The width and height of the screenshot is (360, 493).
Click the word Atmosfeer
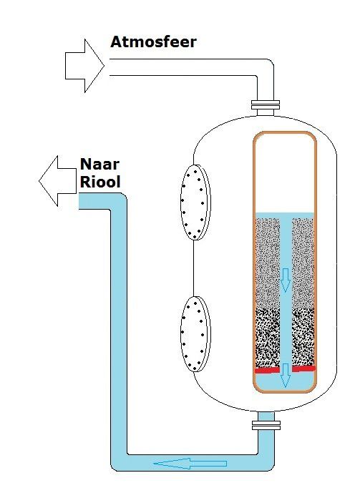point(153,42)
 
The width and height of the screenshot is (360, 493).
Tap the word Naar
point(100,164)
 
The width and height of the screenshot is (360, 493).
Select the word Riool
point(100,182)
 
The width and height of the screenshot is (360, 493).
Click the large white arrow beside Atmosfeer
point(84,66)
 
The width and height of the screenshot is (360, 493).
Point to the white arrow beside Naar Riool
point(57,181)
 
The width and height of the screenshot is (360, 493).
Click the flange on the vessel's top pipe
point(266,104)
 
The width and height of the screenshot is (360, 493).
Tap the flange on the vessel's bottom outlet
point(266,426)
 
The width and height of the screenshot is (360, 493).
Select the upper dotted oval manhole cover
point(195,202)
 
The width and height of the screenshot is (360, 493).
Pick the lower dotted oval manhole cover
point(195,334)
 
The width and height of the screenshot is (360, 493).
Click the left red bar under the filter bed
point(267,371)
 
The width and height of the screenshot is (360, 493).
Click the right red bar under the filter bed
point(303,368)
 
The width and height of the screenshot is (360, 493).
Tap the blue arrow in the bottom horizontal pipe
point(190,464)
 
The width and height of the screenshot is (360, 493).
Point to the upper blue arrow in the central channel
point(285,280)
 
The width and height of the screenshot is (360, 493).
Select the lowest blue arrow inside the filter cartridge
point(285,376)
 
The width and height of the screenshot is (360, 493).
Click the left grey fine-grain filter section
point(268,263)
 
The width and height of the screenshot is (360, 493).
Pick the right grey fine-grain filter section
point(303,263)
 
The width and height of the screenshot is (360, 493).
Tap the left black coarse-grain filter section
point(268,338)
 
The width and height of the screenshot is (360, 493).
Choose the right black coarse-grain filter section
point(303,337)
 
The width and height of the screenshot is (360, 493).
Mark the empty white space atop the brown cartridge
point(285,174)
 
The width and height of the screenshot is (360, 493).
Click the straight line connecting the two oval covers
point(194,268)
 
